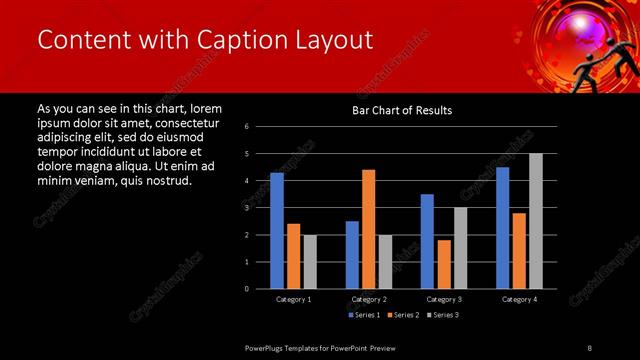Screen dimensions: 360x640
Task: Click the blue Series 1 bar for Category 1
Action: tap(277, 230)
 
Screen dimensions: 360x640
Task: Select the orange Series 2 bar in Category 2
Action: tap(368, 229)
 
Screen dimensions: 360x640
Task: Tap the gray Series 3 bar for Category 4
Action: tap(535, 221)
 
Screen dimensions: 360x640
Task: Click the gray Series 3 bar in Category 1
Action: tap(309, 261)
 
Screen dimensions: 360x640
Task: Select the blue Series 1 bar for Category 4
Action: tap(502, 227)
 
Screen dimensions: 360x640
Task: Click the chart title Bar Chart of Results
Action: tap(402, 110)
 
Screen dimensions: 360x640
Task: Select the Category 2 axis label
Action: tap(368, 299)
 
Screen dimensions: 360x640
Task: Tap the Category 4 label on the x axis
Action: tap(518, 299)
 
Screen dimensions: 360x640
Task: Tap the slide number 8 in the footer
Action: tap(590, 346)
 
